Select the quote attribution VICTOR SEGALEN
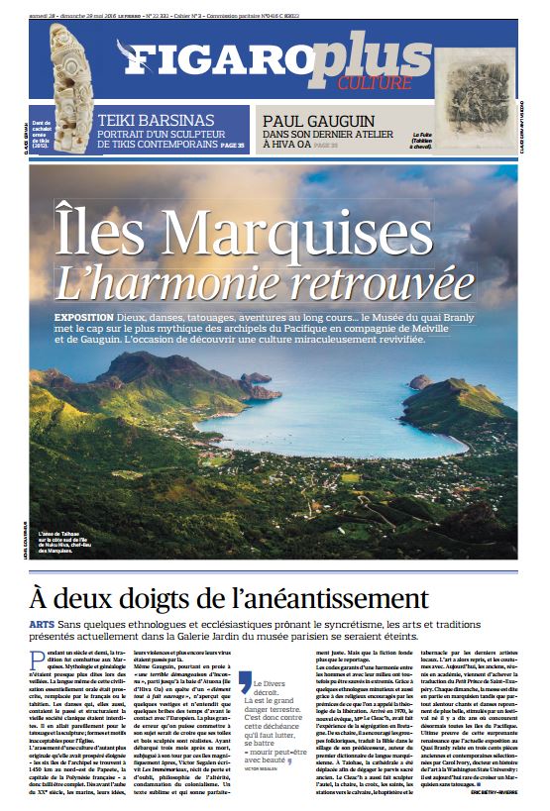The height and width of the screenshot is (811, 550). (265, 768)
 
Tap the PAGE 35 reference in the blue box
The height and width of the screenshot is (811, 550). (233, 146)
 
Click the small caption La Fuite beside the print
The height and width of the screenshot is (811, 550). (427, 137)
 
